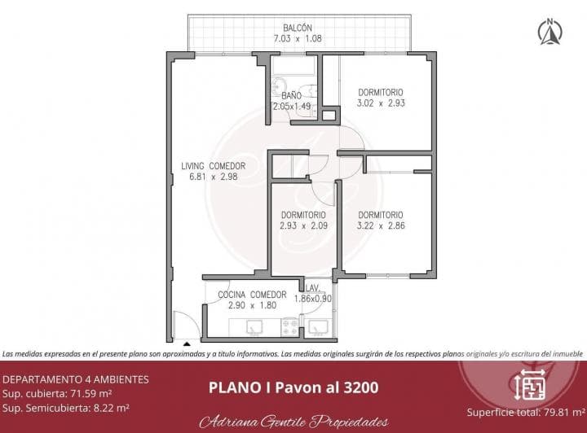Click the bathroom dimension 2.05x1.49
coord(292,106)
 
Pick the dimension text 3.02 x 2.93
coord(381,103)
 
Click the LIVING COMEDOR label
coord(213,166)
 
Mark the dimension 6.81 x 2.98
coord(213,177)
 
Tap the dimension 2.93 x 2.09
coord(303,225)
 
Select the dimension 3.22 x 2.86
coord(382,225)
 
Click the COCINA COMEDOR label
coord(252,295)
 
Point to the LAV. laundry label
coord(312,288)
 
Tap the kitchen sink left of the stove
coord(254,327)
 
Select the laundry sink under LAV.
coord(321,326)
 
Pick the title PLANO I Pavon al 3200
coord(293,387)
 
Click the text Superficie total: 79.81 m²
coord(525,412)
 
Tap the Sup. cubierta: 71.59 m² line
coord(58,393)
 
